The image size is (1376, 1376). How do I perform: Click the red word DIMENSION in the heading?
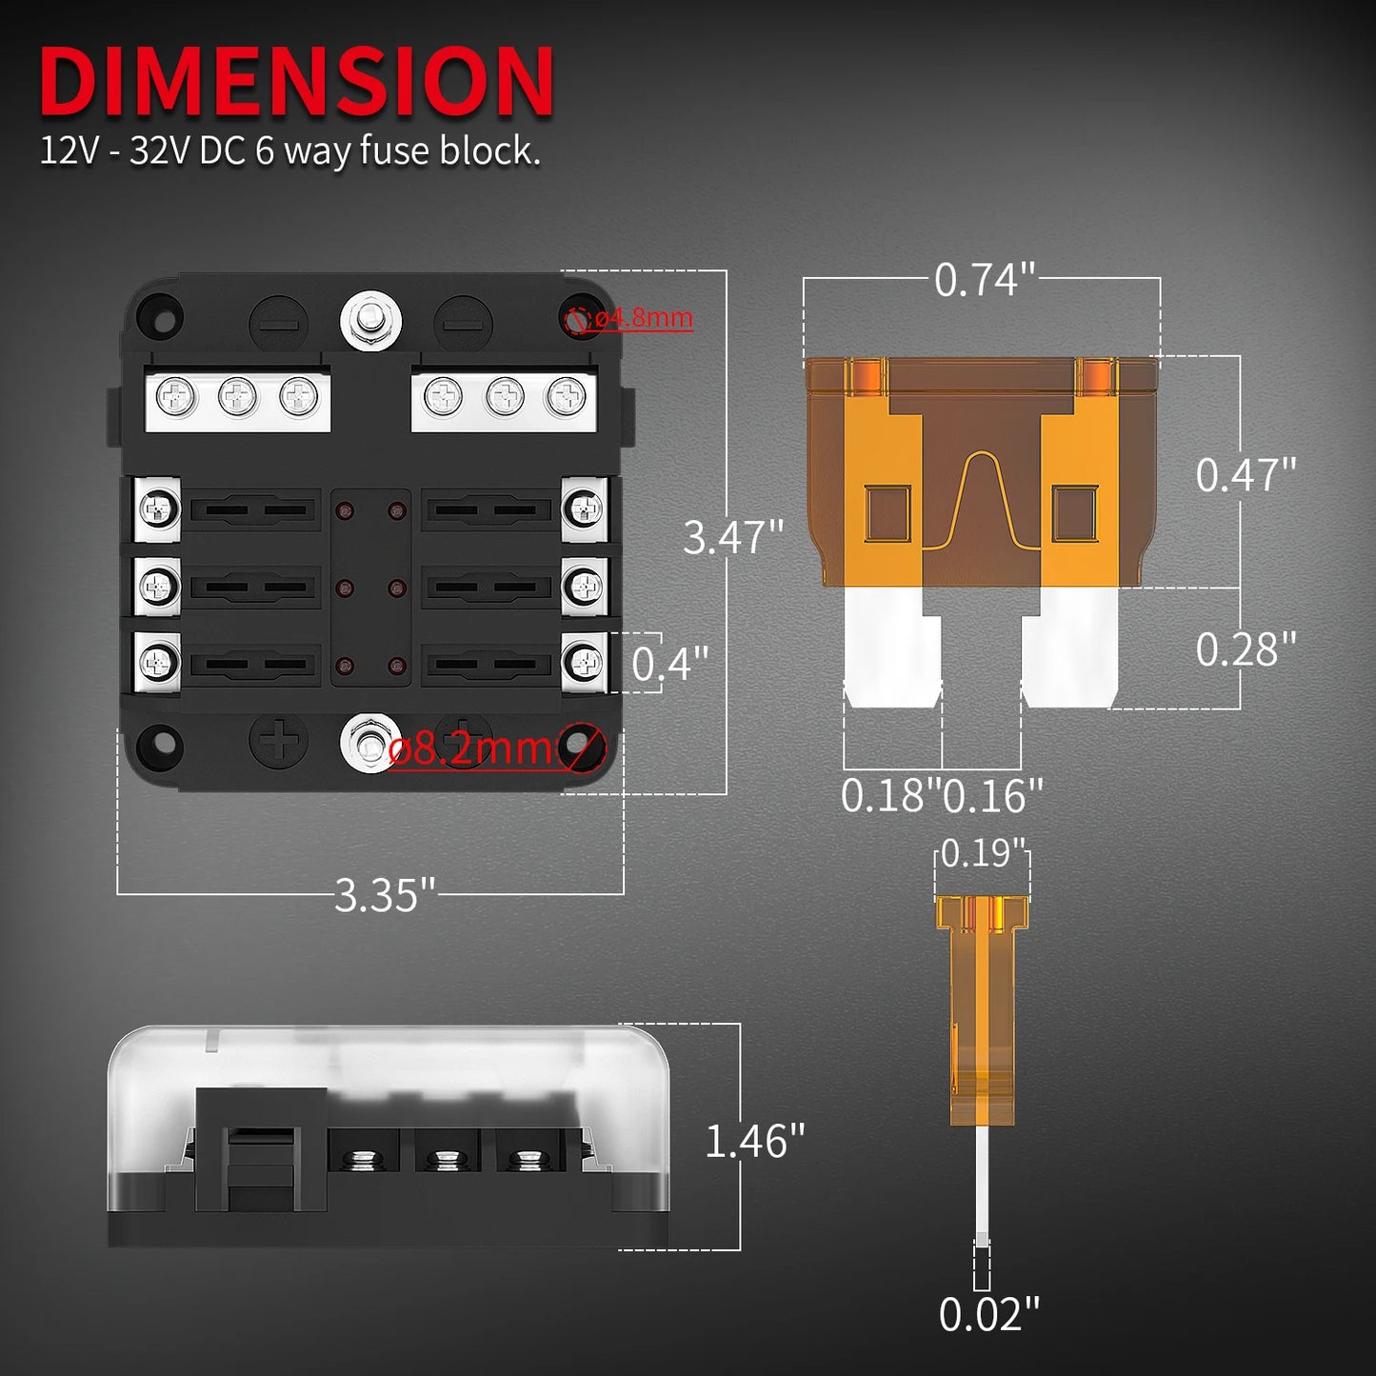tap(296, 82)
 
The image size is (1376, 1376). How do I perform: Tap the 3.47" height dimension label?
tap(732, 537)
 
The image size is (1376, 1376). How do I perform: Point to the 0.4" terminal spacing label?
tap(670, 664)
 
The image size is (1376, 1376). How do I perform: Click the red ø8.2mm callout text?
tap(470, 749)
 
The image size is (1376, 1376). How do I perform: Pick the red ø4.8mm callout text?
tap(643, 317)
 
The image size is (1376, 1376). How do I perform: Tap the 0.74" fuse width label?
tap(984, 280)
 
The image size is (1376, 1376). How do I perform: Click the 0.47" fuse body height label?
tap(1246, 474)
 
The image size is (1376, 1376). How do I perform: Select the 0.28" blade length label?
tap(1246, 649)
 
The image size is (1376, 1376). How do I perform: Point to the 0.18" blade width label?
tap(889, 796)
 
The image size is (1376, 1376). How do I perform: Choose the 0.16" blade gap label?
tap(993, 796)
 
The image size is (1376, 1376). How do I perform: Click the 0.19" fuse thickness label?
tap(983, 853)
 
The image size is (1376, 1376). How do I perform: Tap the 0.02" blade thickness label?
tap(988, 1315)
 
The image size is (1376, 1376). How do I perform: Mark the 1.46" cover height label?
tap(754, 1141)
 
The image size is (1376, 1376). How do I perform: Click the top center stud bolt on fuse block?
tap(370, 321)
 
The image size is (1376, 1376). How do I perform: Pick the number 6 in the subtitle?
tap(264, 151)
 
